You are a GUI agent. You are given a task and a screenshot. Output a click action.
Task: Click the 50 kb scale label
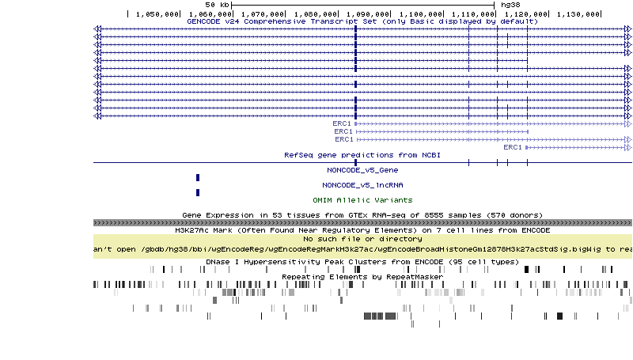217,5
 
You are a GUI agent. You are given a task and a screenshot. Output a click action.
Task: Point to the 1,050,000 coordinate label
158,13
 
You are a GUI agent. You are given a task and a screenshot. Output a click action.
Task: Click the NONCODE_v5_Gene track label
362,170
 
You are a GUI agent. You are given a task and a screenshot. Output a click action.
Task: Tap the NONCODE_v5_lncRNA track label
362,185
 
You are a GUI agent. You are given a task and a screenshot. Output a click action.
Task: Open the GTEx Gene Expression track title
362,215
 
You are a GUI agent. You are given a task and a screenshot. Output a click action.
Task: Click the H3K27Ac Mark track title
362,230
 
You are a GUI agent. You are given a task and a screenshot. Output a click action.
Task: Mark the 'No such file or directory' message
362,238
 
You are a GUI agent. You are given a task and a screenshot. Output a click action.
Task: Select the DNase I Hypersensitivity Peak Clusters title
362,261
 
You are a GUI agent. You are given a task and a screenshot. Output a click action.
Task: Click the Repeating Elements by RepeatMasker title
362,276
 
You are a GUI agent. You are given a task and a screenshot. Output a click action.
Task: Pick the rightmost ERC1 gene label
513,147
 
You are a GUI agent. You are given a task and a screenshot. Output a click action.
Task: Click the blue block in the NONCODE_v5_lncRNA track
198,192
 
